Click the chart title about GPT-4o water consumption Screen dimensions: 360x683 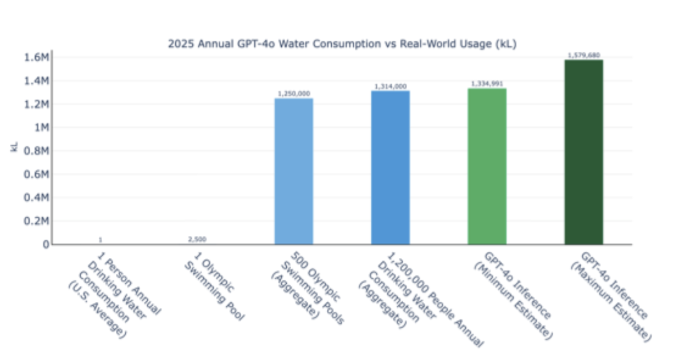342,44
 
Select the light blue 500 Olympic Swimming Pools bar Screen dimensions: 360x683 294,171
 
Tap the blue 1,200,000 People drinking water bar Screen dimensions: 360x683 390,167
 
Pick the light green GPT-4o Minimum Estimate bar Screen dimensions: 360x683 487,166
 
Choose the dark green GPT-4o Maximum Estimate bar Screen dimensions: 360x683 584,152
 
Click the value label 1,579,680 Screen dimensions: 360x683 584,55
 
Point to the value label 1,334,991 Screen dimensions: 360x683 487,84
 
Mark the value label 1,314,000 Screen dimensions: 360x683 390,87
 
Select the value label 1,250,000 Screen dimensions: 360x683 294,94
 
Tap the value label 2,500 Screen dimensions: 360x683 197,239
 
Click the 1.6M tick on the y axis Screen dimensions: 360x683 36,58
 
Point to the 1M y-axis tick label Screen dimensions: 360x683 41,128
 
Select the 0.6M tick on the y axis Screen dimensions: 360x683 36,174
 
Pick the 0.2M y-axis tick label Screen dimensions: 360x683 36,221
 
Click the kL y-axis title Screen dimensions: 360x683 14,147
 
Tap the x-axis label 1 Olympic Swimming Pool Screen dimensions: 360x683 214,291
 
